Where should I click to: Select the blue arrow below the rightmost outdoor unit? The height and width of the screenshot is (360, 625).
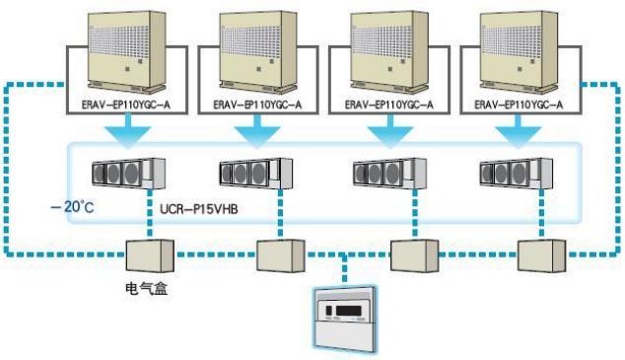click(515, 129)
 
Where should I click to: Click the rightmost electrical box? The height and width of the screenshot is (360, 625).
click(540, 254)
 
